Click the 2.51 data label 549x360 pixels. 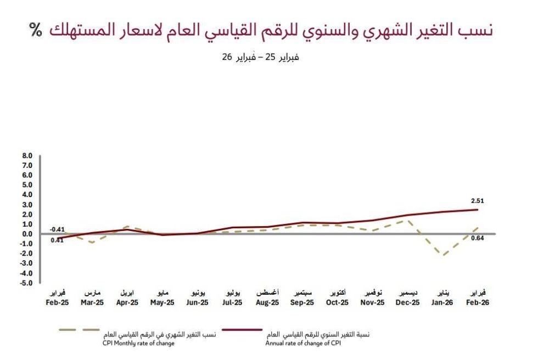pyautogui.click(x=478, y=201)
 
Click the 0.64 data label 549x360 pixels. pyautogui.click(x=478, y=238)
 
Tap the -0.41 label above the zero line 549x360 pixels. pyautogui.click(x=57, y=229)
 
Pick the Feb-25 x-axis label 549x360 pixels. pyautogui.click(x=57, y=302)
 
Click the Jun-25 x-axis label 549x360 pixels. pyautogui.click(x=197, y=302)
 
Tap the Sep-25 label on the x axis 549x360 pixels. pyautogui.click(x=302, y=302)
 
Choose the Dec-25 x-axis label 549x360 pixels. pyautogui.click(x=407, y=302)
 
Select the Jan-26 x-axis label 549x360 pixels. pyautogui.click(x=442, y=302)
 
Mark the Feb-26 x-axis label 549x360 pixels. pyautogui.click(x=478, y=302)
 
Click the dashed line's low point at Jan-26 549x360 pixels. pyautogui.click(x=442, y=255)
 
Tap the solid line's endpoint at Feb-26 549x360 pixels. pyautogui.click(x=477, y=209)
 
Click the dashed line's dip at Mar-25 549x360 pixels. pyautogui.click(x=92, y=242)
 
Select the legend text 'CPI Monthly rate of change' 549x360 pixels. pyautogui.click(x=138, y=344)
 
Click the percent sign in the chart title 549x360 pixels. pyautogui.click(x=36, y=30)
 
